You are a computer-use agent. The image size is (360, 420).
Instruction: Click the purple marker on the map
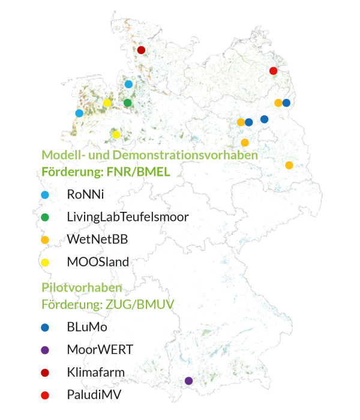click(188, 380)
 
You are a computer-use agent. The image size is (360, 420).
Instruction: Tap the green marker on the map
click(128, 103)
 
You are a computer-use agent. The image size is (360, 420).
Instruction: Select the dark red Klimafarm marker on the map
click(141, 50)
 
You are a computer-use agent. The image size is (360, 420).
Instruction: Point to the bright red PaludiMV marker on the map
click(273, 71)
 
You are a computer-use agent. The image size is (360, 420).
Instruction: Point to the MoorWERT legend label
click(100, 349)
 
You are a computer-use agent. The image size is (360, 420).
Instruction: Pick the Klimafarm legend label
click(96, 372)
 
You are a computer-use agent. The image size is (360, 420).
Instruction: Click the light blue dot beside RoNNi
click(44, 195)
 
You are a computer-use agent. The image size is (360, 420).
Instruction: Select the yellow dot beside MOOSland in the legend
click(44, 262)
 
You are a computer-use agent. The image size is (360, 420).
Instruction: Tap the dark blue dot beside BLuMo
click(44, 328)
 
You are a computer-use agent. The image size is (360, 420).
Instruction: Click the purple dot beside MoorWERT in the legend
click(44, 350)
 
